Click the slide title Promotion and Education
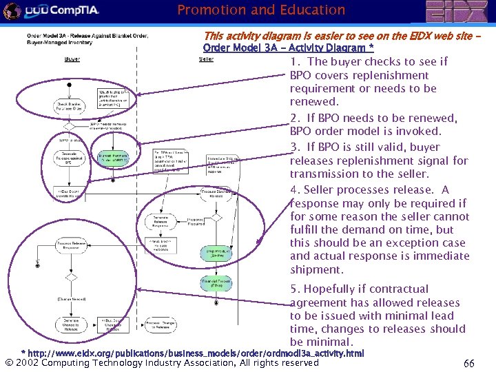tap(261, 10)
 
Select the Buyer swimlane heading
tap(72, 59)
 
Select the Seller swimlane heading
tap(206, 59)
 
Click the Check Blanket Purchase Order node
tap(70, 106)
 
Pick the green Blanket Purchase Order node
tap(114, 158)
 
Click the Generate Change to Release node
tap(71, 324)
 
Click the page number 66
tap(468, 362)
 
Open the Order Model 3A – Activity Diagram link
tap(288, 48)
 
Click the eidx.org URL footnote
tap(193, 353)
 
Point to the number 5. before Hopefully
tap(296, 289)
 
